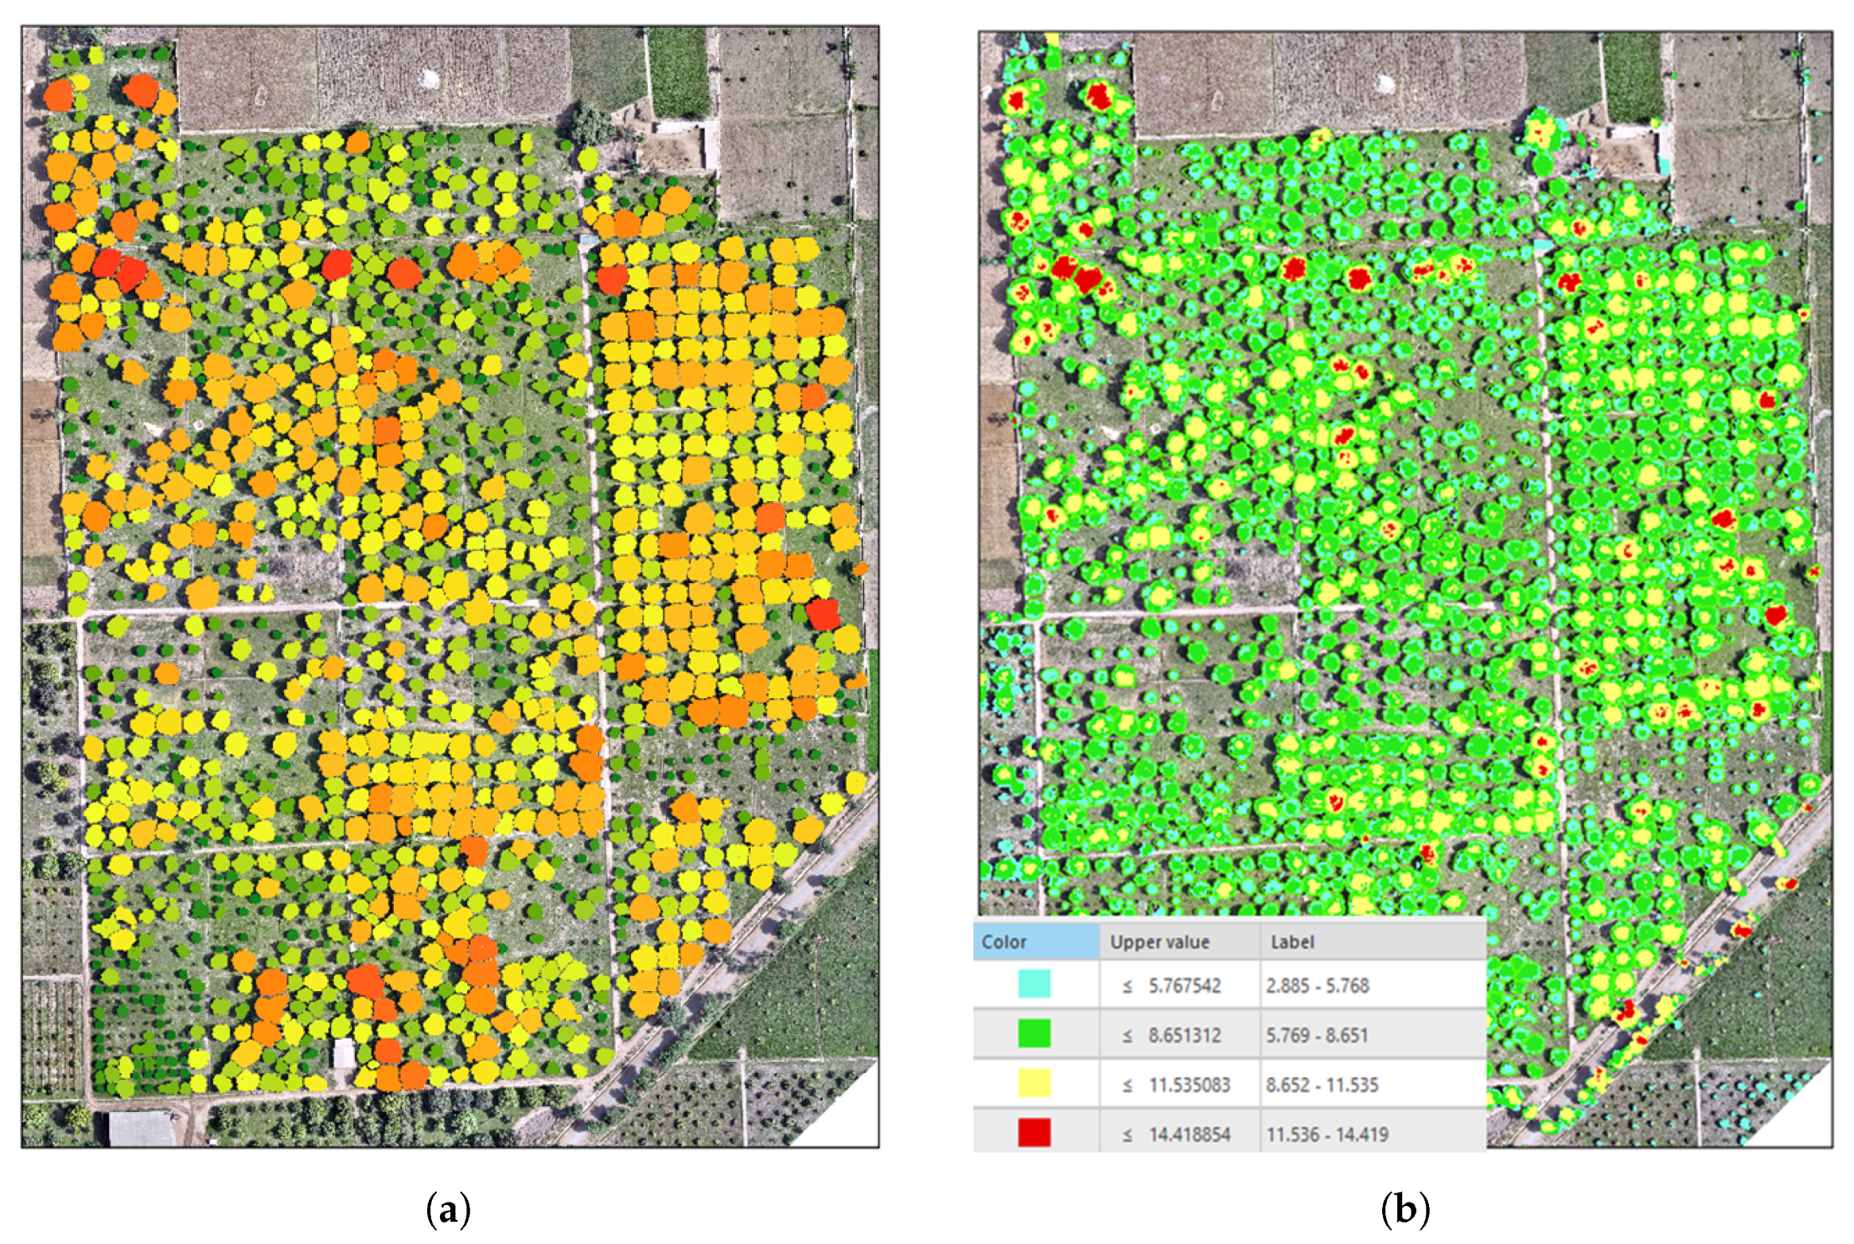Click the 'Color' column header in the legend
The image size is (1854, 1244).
tap(1003, 942)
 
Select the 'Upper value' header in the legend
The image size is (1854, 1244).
tap(1159, 942)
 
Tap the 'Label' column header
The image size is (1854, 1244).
tap(1292, 942)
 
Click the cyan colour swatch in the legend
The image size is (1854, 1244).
tap(1034, 984)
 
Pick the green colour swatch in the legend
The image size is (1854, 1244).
tap(1034, 1034)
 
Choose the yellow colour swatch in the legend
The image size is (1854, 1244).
tap(1034, 1083)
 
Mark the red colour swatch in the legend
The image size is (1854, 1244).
tap(1034, 1133)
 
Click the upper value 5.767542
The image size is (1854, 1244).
tap(1184, 985)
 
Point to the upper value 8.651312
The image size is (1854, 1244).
tap(1184, 1035)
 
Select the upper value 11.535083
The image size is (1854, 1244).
tap(1189, 1085)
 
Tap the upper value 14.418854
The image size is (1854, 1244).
tap(1189, 1134)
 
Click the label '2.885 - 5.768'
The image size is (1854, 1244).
tap(1317, 985)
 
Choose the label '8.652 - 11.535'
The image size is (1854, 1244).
tap(1322, 1085)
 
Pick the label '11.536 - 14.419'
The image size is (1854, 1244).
tap(1326, 1134)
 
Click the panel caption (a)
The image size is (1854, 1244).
tap(449, 1209)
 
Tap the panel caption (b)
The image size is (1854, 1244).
tap(1405, 1209)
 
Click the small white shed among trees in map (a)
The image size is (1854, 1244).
tap(344, 1052)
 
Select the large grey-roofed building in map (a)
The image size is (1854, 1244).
tap(141, 1129)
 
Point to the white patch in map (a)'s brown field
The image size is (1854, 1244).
tap(429, 77)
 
